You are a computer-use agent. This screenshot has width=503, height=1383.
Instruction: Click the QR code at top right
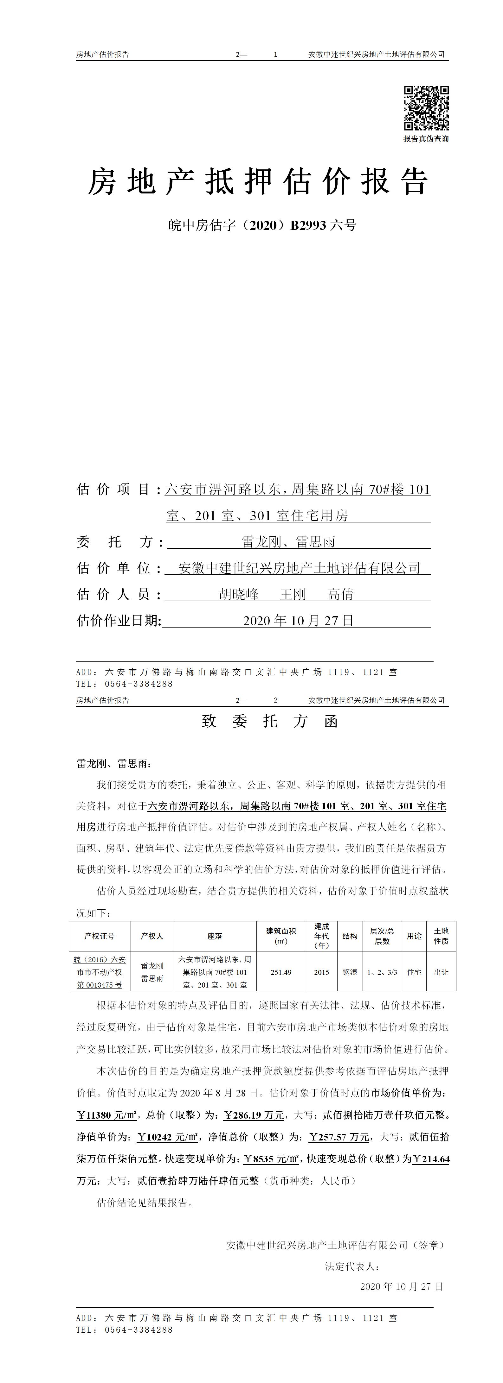[x=426, y=108]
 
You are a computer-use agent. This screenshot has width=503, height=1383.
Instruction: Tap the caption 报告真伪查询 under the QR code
[x=426, y=139]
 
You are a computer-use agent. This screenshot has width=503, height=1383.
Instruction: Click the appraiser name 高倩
[x=341, y=594]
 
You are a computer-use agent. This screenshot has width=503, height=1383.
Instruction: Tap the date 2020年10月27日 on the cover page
[x=298, y=621]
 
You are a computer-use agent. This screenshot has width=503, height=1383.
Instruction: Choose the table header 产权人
[x=152, y=936]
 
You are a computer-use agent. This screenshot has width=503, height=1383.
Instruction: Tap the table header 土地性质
[x=441, y=936]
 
